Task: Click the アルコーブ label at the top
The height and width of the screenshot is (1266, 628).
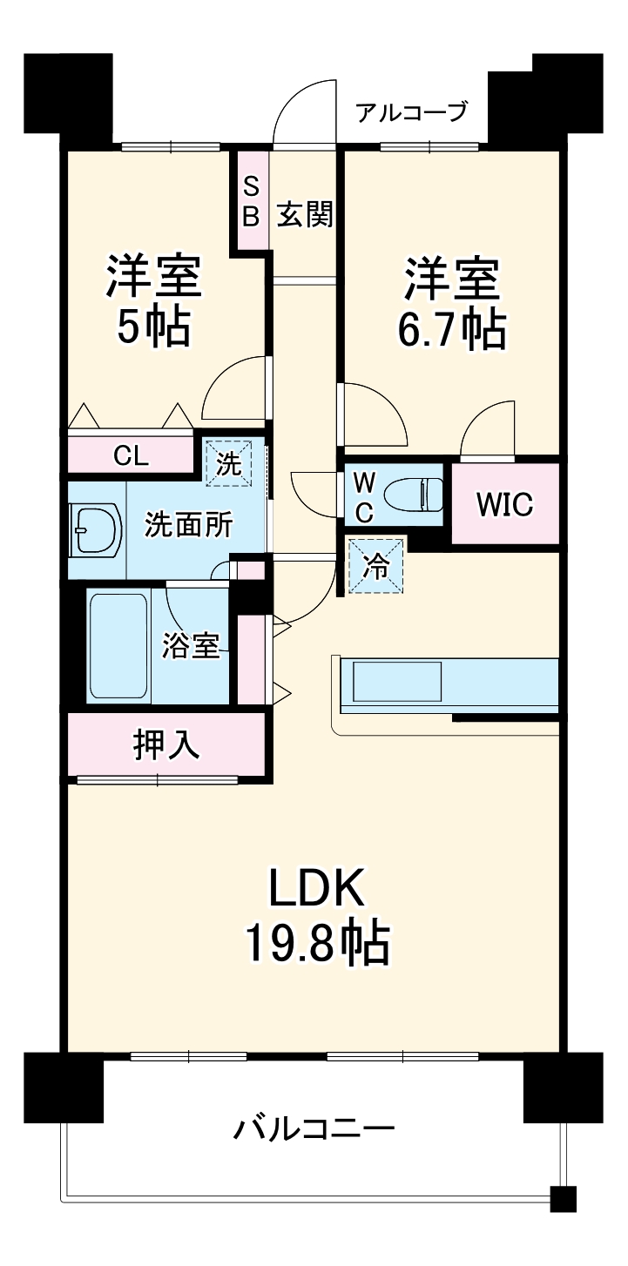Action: [412, 112]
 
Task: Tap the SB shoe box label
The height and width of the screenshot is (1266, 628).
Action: [251, 201]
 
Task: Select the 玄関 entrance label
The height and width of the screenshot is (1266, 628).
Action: [305, 215]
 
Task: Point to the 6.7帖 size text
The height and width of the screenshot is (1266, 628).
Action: [451, 327]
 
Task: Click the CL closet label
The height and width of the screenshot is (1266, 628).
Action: [131, 455]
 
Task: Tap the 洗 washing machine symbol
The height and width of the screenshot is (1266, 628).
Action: [228, 461]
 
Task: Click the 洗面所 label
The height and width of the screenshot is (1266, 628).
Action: [188, 525]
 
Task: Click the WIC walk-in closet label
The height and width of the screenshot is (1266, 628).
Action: [504, 504]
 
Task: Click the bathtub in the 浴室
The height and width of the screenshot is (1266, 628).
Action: [119, 644]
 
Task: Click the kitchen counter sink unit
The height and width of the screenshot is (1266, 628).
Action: [396, 681]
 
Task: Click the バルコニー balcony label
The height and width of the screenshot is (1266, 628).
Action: [314, 1130]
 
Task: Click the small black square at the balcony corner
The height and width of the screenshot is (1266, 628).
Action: [564, 1199]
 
